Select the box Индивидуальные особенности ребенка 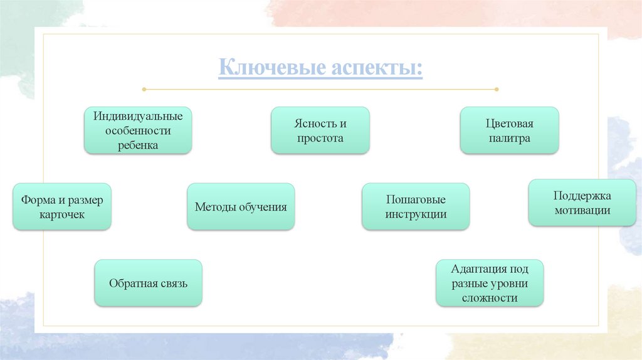point(138,130)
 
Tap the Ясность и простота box point(320,130)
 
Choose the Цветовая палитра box point(509,130)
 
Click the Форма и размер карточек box point(62,206)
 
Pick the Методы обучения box point(241,206)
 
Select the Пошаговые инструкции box point(416,206)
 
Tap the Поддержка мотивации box point(582,203)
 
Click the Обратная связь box point(148,283)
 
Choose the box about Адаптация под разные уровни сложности point(490,283)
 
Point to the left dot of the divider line point(144,89)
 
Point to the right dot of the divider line point(497,89)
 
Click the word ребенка point(138,145)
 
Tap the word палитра point(509,138)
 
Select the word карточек point(62,214)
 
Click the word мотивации point(582,211)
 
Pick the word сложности point(490,298)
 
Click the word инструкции point(416,214)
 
